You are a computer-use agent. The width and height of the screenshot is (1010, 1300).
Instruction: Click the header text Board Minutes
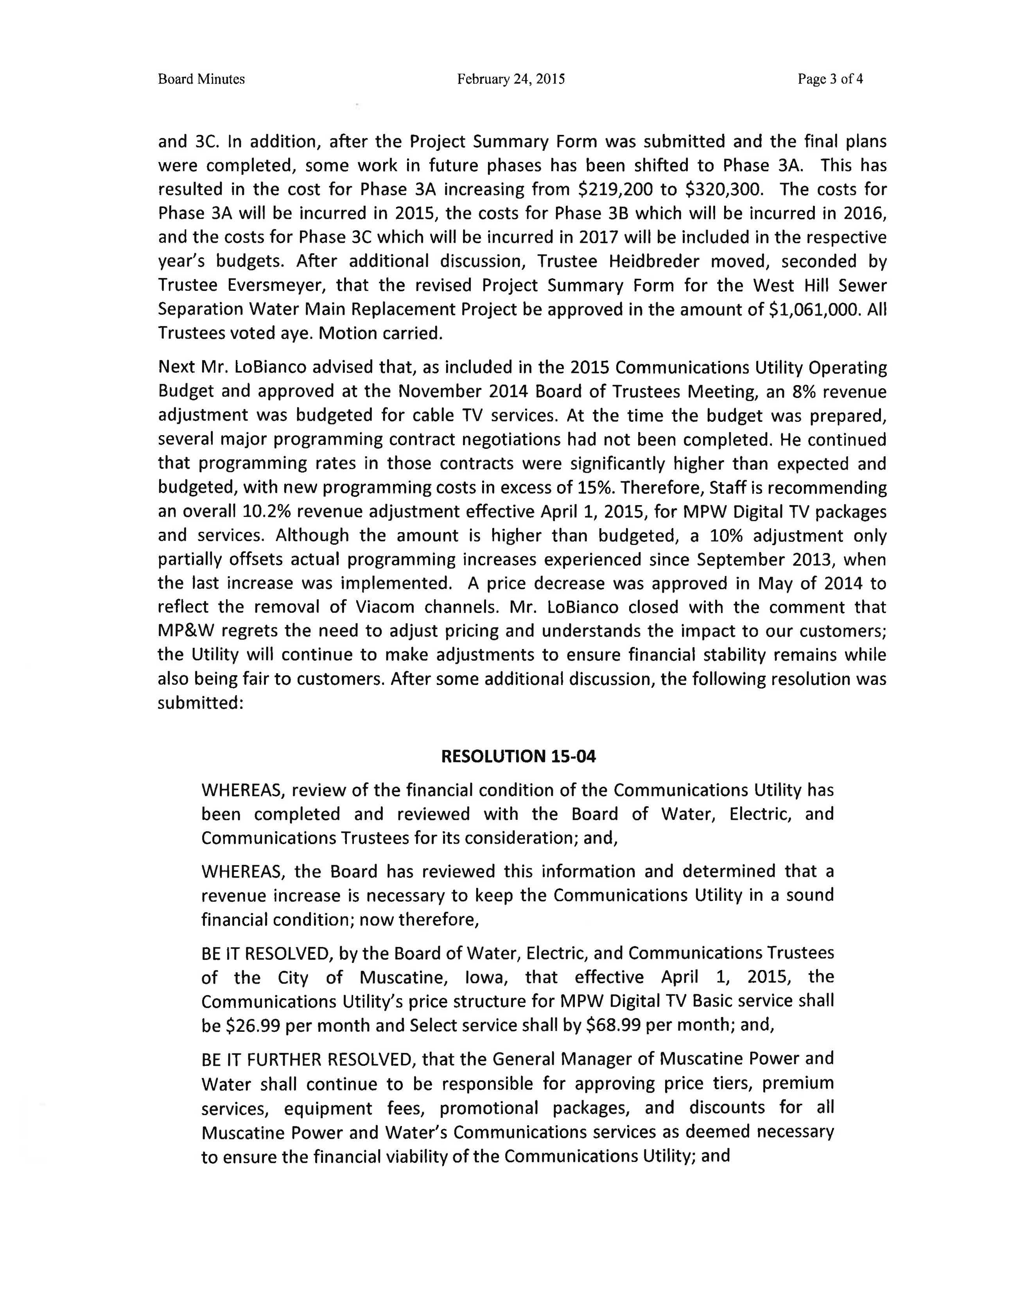pyautogui.click(x=201, y=79)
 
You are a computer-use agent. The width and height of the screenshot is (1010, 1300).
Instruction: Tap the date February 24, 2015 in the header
pyautogui.click(x=511, y=79)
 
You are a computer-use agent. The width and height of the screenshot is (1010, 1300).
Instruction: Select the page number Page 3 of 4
pyautogui.click(x=830, y=79)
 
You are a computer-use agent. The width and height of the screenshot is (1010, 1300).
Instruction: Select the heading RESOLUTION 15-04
pyautogui.click(x=518, y=757)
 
